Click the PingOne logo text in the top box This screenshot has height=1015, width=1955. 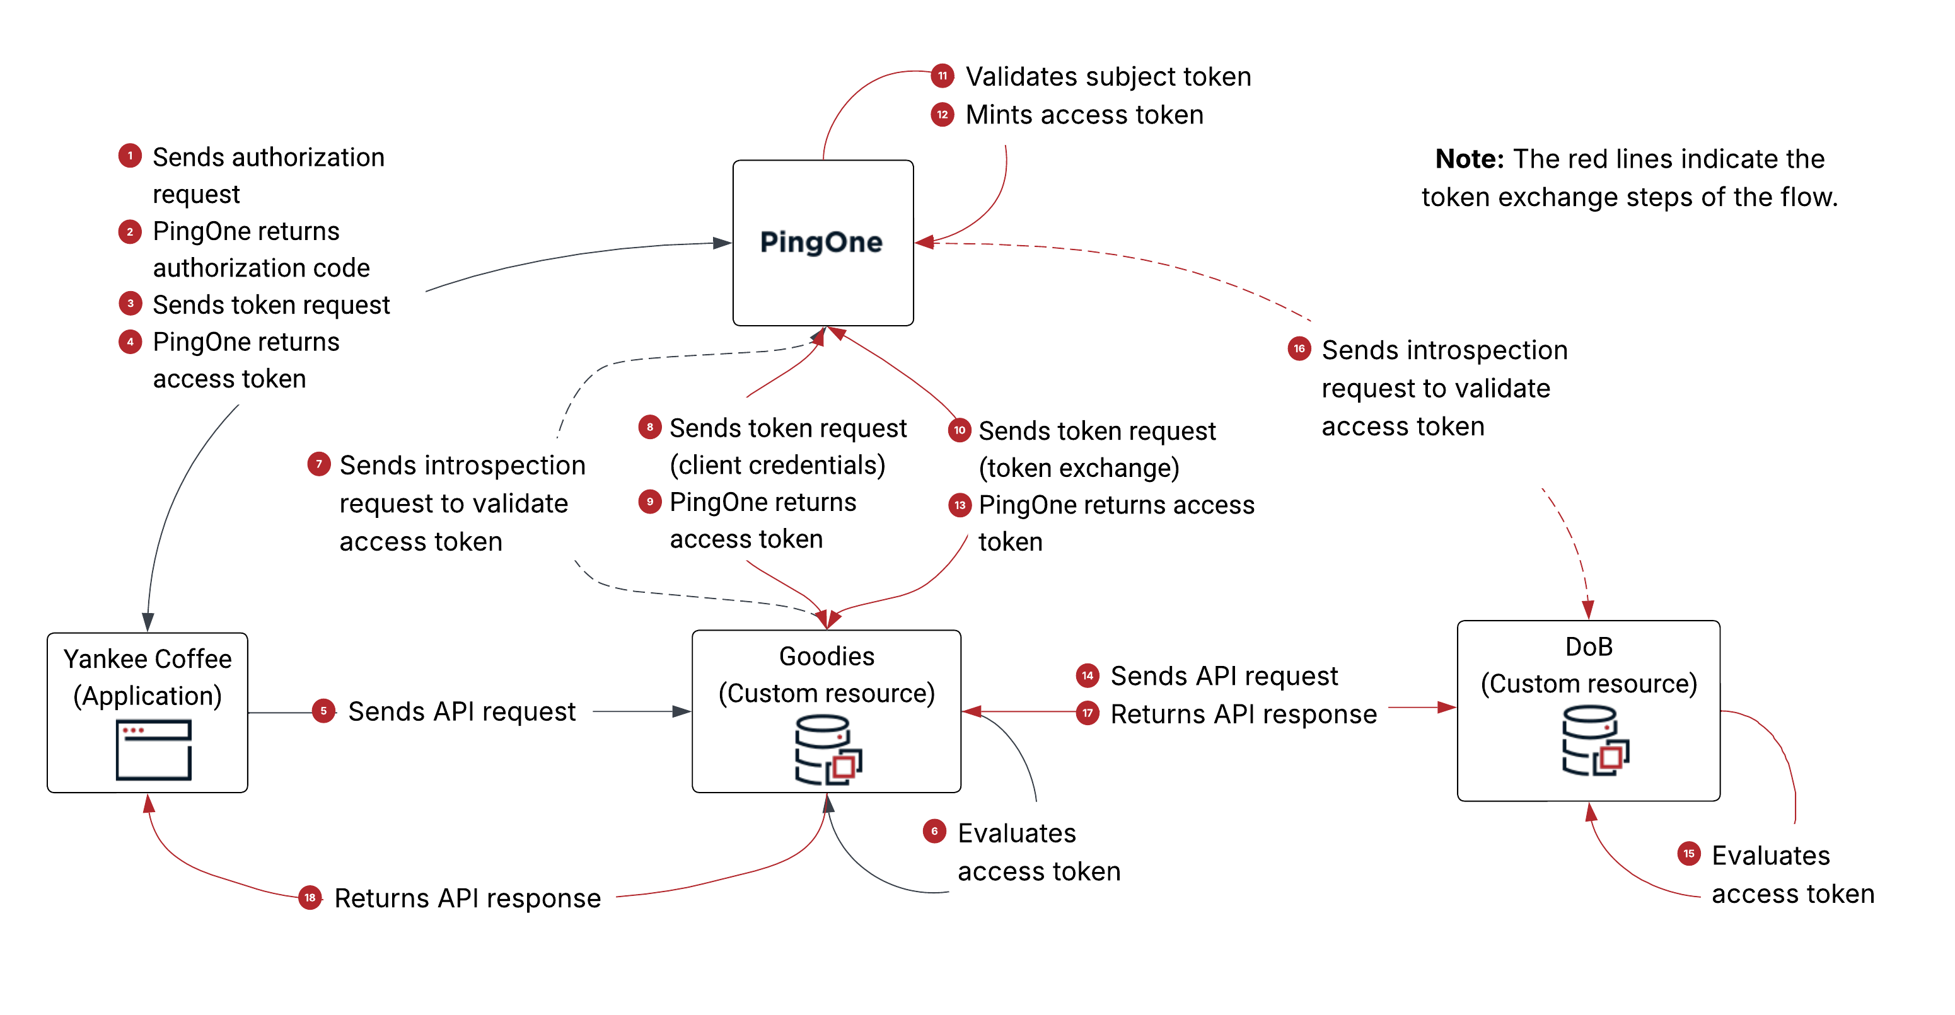click(x=821, y=242)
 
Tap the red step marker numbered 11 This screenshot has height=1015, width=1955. click(x=942, y=76)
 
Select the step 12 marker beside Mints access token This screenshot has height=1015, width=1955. click(x=942, y=115)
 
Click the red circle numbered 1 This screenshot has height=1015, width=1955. click(x=130, y=156)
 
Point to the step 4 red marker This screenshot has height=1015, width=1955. click(x=130, y=341)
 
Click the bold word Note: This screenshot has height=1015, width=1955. click(x=1468, y=159)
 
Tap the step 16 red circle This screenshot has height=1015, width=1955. click(x=1299, y=349)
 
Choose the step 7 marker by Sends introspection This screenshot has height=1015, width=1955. click(x=319, y=464)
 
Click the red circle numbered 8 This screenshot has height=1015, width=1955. click(x=649, y=427)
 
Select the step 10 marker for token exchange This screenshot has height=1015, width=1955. click(x=960, y=430)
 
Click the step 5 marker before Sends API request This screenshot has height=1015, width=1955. click(x=323, y=711)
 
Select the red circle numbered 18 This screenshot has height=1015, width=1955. click(x=310, y=897)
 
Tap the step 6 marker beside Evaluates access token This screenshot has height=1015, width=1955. click(x=934, y=832)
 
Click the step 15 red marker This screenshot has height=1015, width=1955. click(x=1688, y=854)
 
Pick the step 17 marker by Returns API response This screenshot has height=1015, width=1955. click(x=1088, y=713)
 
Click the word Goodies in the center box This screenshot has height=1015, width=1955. click(x=827, y=656)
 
